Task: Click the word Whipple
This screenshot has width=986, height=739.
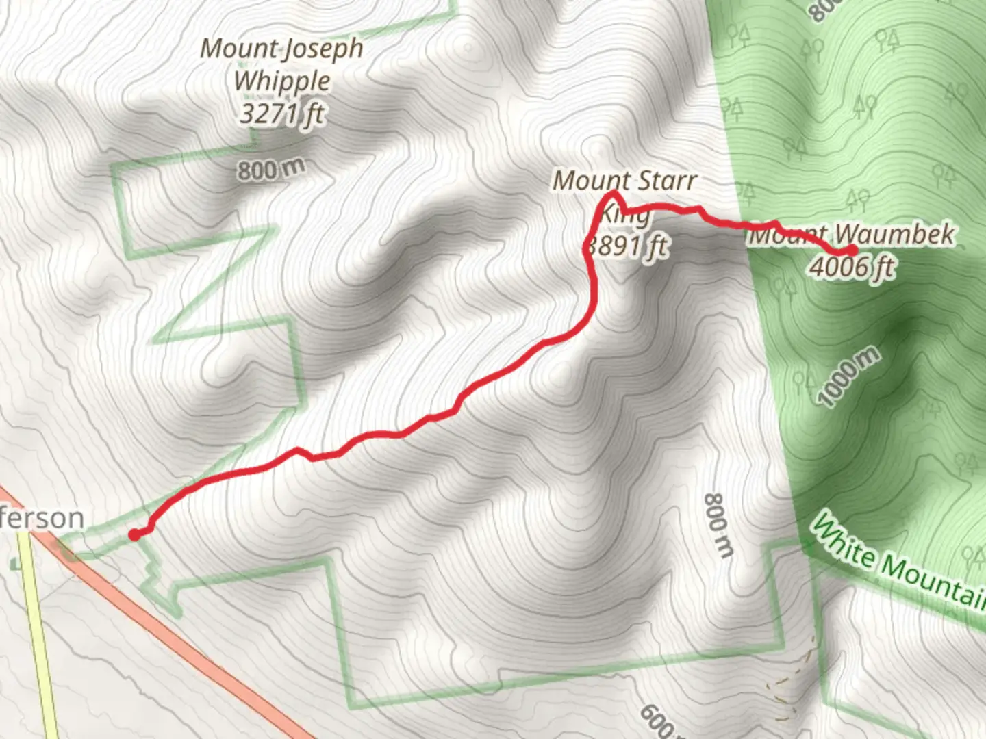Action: pos(282,81)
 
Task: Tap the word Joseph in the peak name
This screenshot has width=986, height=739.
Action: pos(322,49)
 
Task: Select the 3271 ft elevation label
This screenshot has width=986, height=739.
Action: pos(282,113)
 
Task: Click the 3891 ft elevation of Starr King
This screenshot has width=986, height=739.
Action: pos(627,245)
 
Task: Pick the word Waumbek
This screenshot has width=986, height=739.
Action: pos(894,234)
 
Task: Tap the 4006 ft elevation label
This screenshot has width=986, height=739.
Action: pos(852,267)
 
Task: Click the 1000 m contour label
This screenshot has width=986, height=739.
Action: pos(849,376)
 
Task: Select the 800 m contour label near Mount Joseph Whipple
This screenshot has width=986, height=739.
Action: pos(270,169)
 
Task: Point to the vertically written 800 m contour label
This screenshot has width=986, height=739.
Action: pos(719,524)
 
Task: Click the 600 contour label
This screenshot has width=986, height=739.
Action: pos(656,721)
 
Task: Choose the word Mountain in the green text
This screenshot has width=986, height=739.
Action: pos(935,582)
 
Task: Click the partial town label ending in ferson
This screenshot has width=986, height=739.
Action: pos(42,519)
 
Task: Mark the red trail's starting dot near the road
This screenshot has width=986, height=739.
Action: pos(135,534)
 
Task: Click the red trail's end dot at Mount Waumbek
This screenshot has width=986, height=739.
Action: pos(852,250)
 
